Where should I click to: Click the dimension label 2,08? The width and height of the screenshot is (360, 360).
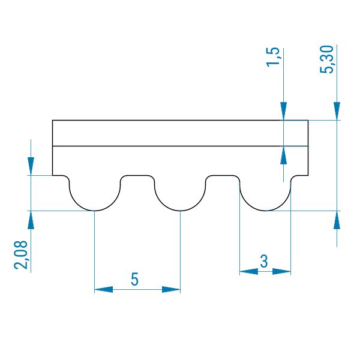coord(21,254)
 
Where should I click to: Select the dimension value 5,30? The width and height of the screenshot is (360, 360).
coord(327,59)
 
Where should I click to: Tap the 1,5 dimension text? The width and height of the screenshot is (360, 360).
coord(273,57)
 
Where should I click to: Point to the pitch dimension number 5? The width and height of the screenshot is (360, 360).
coord(135,279)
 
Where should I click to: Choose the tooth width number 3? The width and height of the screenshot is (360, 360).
coord(264,261)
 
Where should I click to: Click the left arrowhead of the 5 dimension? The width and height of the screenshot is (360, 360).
coord(104,290)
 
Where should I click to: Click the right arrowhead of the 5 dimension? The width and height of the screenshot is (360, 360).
coord(171,290)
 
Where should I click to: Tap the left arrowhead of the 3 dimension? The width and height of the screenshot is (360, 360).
coord(249,272)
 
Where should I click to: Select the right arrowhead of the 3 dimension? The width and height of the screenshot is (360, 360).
coord(281,272)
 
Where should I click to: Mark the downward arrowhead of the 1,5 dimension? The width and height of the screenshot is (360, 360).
coord(284,111)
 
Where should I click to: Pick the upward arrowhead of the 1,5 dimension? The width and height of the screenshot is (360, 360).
coord(284,155)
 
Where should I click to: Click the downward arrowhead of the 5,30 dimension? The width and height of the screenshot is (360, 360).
coord(337,111)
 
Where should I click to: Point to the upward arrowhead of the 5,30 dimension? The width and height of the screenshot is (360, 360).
coord(337,220)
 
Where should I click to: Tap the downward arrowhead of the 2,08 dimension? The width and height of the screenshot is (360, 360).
coord(31,166)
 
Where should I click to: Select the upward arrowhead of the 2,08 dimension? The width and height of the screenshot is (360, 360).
coord(31,220)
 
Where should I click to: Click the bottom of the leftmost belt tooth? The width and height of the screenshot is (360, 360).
coord(95,211)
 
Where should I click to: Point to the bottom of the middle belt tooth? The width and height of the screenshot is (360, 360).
coord(180,211)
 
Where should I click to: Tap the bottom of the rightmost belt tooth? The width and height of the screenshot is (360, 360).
coord(265,211)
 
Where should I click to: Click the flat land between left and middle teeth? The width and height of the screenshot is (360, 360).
coord(137,176)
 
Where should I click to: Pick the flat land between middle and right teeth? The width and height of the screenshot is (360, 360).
coord(223,176)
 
